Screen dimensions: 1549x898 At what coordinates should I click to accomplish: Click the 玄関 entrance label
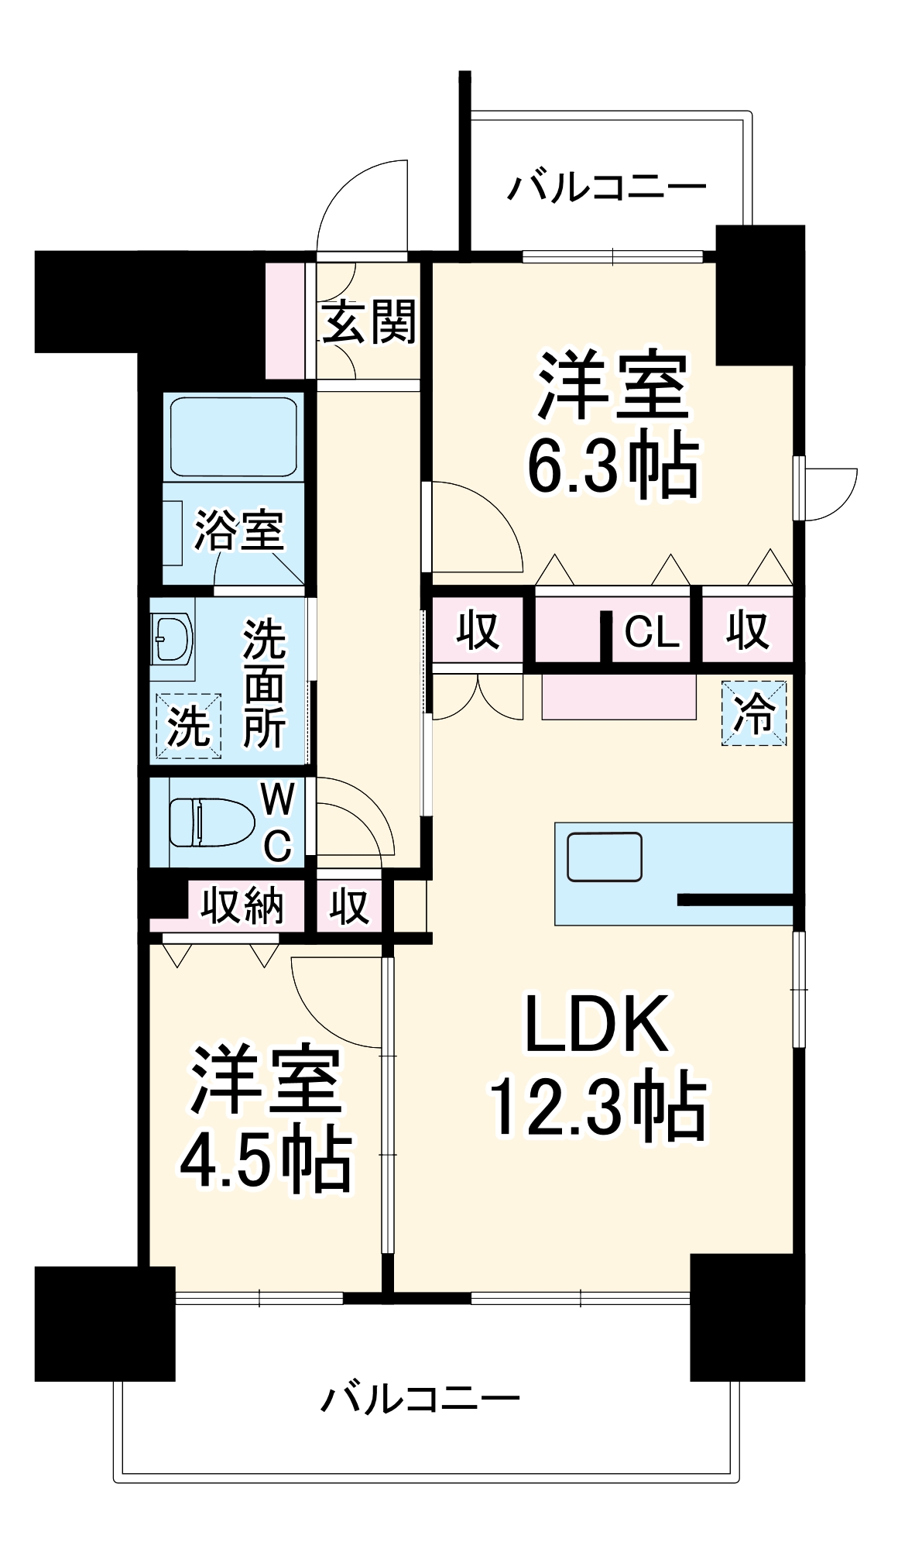[368, 322]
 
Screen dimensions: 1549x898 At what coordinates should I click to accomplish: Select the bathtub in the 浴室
[233, 438]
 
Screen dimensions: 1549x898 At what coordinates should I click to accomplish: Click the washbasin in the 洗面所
[172, 638]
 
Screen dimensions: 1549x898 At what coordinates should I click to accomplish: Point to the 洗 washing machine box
[189, 726]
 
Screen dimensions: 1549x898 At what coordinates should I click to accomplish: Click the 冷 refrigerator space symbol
[753, 713]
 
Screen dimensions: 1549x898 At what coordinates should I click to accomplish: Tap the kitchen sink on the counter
[604, 857]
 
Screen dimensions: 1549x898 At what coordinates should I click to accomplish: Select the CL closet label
[651, 632]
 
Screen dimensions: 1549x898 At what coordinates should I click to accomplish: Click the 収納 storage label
[242, 905]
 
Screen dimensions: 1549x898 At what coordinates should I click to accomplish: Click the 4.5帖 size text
[266, 1163]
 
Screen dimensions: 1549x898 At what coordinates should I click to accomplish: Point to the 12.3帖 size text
[597, 1108]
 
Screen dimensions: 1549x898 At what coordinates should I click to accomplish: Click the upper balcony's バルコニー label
[606, 187]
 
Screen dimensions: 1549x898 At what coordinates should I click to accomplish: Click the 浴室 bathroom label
[238, 531]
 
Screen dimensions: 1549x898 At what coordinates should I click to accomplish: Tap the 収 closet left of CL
[477, 630]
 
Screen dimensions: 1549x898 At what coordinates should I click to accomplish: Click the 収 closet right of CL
[747, 630]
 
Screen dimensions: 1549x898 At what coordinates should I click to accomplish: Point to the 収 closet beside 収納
[348, 905]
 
